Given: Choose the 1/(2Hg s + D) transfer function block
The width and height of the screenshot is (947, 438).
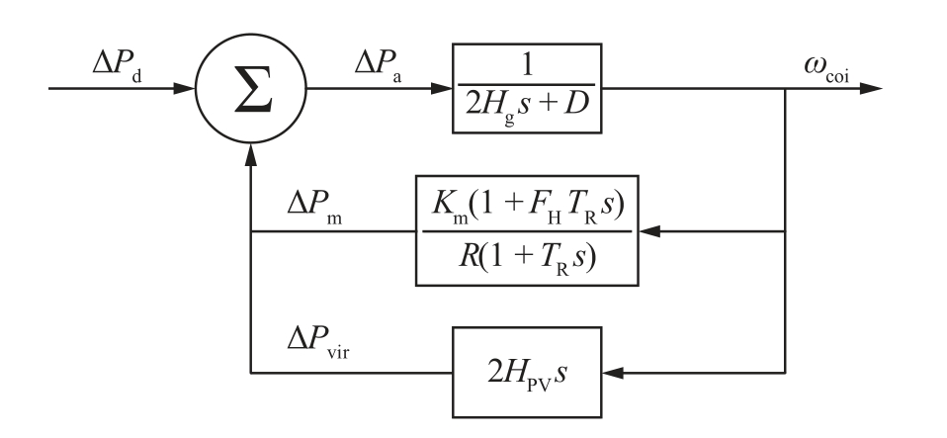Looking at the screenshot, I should pos(527,89).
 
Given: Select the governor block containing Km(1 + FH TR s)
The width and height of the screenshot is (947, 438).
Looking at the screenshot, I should pos(527,232).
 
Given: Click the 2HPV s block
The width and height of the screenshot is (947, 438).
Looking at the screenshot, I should pos(527,373).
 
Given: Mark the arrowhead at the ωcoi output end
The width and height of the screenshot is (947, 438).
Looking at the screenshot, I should pos(871,89).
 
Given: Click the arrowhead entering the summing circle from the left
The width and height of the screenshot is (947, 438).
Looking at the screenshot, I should pos(189,89).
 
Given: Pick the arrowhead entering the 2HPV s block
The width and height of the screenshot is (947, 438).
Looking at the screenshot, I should pos(612,374).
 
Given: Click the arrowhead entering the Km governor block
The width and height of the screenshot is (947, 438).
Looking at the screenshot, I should pos(649,232).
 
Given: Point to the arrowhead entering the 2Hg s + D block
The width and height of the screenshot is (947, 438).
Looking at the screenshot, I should pos(441,89).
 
